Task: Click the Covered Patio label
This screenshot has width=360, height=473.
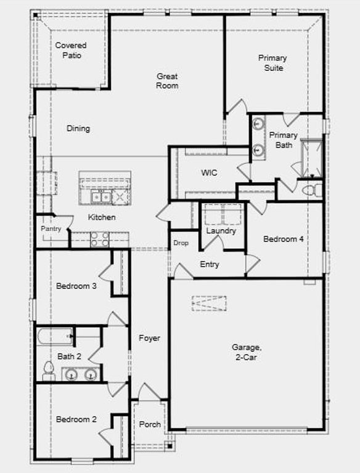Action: pyautogui.click(x=71, y=50)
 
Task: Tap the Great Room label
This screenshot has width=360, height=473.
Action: pyautogui.click(x=167, y=81)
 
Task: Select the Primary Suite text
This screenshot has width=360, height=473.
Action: pyautogui.click(x=272, y=63)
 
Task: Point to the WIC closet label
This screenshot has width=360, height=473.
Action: pyautogui.click(x=209, y=173)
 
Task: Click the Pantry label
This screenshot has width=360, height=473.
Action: pyautogui.click(x=51, y=228)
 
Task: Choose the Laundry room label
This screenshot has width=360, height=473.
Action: pyautogui.click(x=221, y=231)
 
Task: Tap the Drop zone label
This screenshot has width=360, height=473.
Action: pyautogui.click(x=181, y=243)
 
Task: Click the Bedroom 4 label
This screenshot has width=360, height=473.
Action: pyautogui.click(x=283, y=239)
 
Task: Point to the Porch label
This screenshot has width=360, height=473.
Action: pyautogui.click(x=150, y=424)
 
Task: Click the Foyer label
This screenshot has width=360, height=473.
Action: pyautogui.click(x=149, y=338)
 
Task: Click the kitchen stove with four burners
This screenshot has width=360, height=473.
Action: pyautogui.click(x=100, y=239)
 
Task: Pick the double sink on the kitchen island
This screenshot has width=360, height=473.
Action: pyautogui.click(x=100, y=197)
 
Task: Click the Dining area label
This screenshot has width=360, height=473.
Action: pyautogui.click(x=78, y=129)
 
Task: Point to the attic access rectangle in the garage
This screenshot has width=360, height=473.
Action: pyautogui.click(x=208, y=303)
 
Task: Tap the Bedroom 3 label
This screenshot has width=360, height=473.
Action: pyautogui.click(x=76, y=286)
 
